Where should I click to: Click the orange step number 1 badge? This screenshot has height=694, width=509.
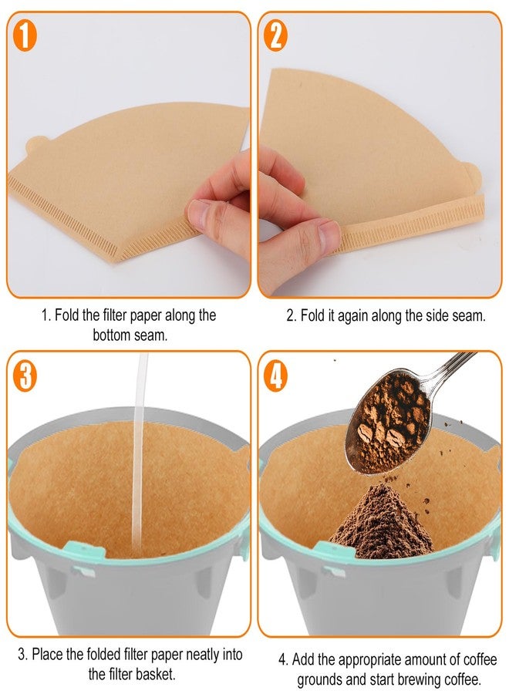[x=25, y=36]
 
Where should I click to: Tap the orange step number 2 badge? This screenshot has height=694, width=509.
[x=275, y=36]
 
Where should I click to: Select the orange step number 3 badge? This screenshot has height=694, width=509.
[x=25, y=376]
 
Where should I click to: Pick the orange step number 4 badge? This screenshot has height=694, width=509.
[x=275, y=376]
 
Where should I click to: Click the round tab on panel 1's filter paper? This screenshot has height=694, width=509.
[x=38, y=145]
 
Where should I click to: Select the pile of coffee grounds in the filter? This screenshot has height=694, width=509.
[x=381, y=522]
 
